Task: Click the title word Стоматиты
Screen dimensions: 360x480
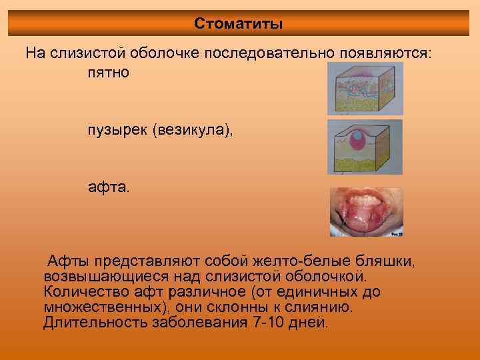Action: [x=239, y=24]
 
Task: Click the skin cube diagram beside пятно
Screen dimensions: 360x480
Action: [x=365, y=88]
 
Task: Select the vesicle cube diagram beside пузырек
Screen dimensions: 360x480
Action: [x=365, y=146]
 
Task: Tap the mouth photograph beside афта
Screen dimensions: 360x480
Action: [x=366, y=212]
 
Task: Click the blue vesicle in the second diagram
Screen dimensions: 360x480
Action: [x=359, y=137]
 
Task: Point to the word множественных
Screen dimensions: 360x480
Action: [x=107, y=307]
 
